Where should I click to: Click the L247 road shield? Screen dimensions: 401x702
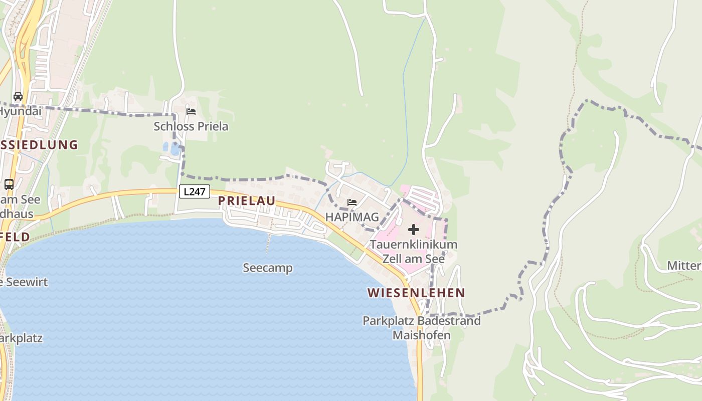click(194, 191)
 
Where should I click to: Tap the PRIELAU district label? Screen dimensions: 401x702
click(247, 201)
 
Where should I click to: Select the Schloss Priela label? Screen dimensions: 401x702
click(191, 126)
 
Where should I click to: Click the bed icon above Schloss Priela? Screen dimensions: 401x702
click(191, 111)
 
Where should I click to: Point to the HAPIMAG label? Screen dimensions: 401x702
click(352, 217)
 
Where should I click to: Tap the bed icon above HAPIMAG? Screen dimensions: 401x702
click(352, 203)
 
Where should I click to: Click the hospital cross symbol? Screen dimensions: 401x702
click(414, 230)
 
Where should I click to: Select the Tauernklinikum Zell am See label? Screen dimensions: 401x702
click(414, 252)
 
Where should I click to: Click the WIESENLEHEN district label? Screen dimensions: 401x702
click(416, 293)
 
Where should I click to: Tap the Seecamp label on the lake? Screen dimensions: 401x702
click(268, 268)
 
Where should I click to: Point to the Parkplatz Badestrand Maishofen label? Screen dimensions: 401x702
click(422, 327)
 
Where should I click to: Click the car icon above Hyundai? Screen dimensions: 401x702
click(18, 96)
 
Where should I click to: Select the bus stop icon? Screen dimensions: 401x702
click(9, 184)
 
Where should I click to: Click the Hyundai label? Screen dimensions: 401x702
click(20, 111)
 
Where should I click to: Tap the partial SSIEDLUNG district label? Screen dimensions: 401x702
click(39, 145)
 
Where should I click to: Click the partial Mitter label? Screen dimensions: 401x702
click(684, 265)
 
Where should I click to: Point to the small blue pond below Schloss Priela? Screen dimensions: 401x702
click(170, 148)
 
